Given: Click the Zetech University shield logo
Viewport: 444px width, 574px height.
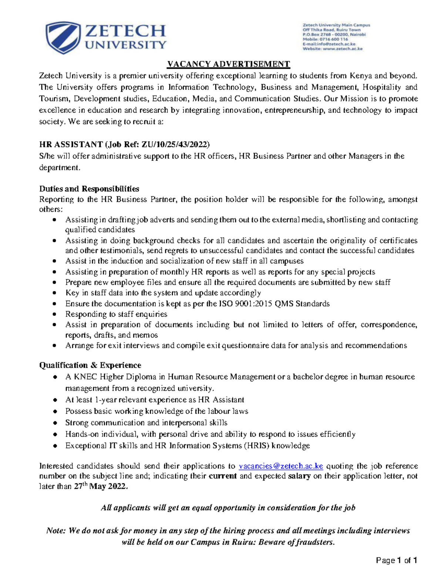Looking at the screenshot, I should point(63,38).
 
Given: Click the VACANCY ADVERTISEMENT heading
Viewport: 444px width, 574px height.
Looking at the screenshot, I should point(228,64).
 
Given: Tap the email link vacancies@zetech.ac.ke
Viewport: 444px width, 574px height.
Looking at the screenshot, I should point(281,466).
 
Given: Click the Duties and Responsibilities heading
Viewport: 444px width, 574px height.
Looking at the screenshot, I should point(89,189).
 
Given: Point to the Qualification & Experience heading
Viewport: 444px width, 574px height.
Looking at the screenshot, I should point(90,365).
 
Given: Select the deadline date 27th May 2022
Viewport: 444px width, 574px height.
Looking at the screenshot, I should point(100,486).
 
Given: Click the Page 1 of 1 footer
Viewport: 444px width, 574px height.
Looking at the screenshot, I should point(396,561).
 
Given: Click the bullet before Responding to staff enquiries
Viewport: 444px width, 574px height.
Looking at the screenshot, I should point(55,315).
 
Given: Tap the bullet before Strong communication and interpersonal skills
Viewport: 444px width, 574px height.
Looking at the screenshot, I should point(55,423).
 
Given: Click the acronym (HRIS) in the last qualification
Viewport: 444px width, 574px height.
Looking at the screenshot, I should point(256,446).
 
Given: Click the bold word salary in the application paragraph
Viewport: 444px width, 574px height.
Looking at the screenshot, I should point(299,476).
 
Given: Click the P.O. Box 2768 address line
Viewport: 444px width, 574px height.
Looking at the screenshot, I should point(334,34).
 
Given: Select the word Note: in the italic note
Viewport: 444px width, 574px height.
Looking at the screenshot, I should point(56,531).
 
